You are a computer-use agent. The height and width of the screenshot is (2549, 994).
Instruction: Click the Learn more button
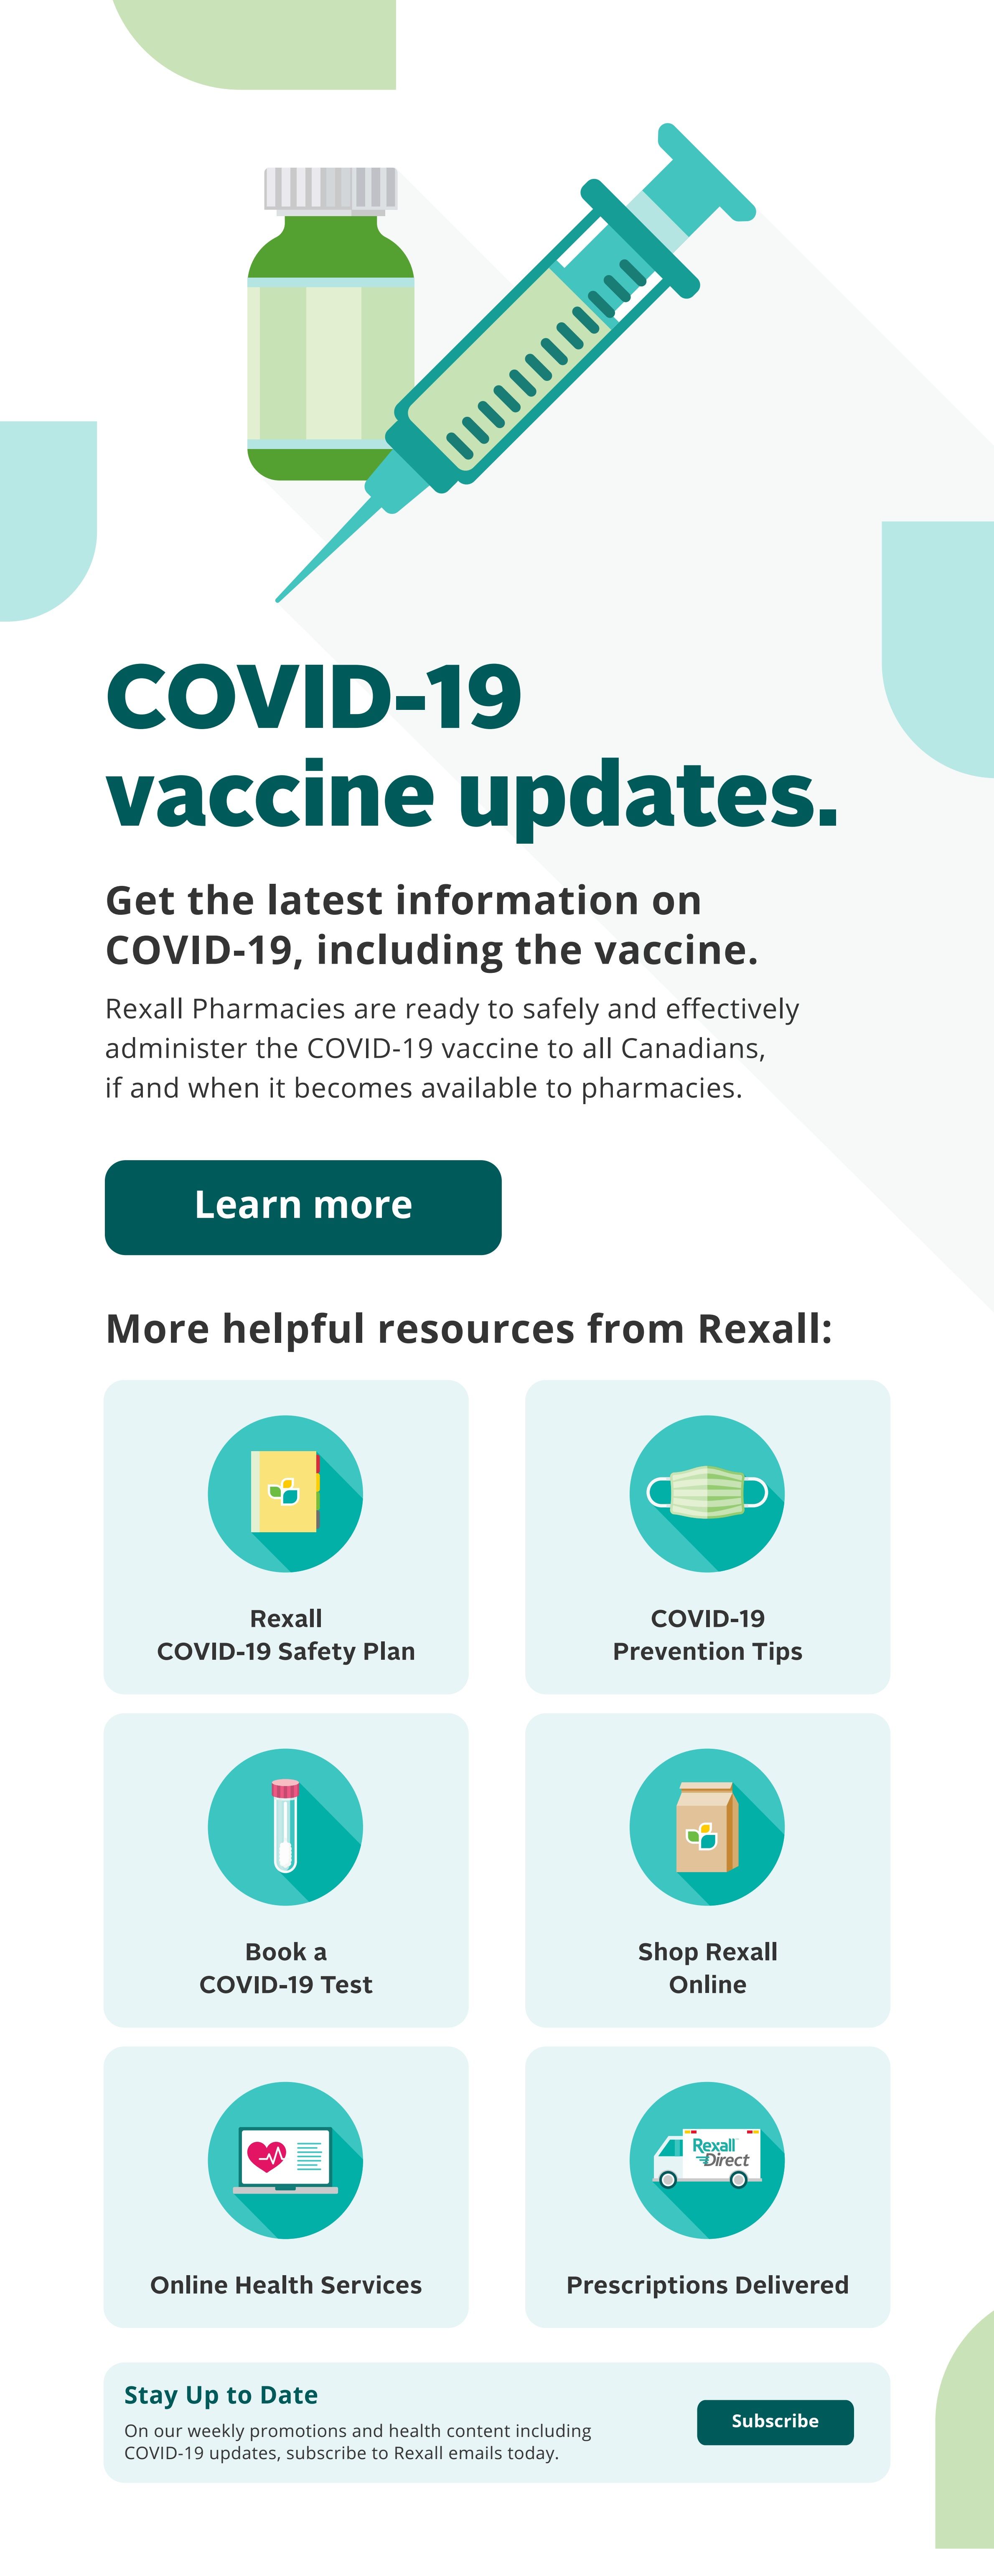[303, 1206]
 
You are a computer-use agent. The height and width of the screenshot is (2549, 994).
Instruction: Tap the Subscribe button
[774, 2421]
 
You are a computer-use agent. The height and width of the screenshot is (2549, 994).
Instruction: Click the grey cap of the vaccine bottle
[330, 189]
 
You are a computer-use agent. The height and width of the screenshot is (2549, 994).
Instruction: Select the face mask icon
[707, 1491]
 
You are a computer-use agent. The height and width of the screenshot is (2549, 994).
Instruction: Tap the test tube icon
[285, 1826]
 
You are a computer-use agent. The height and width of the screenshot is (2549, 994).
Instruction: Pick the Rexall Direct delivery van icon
[707, 2157]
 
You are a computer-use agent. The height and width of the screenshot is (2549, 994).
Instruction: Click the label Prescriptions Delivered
[707, 2285]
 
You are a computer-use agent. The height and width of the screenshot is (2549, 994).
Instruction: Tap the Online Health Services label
[286, 2285]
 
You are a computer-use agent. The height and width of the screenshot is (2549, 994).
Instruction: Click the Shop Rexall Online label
[707, 1967]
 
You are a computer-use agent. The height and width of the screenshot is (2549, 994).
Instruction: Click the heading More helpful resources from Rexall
[469, 1329]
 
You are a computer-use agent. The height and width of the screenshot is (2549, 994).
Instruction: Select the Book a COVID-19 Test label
[286, 1967]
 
